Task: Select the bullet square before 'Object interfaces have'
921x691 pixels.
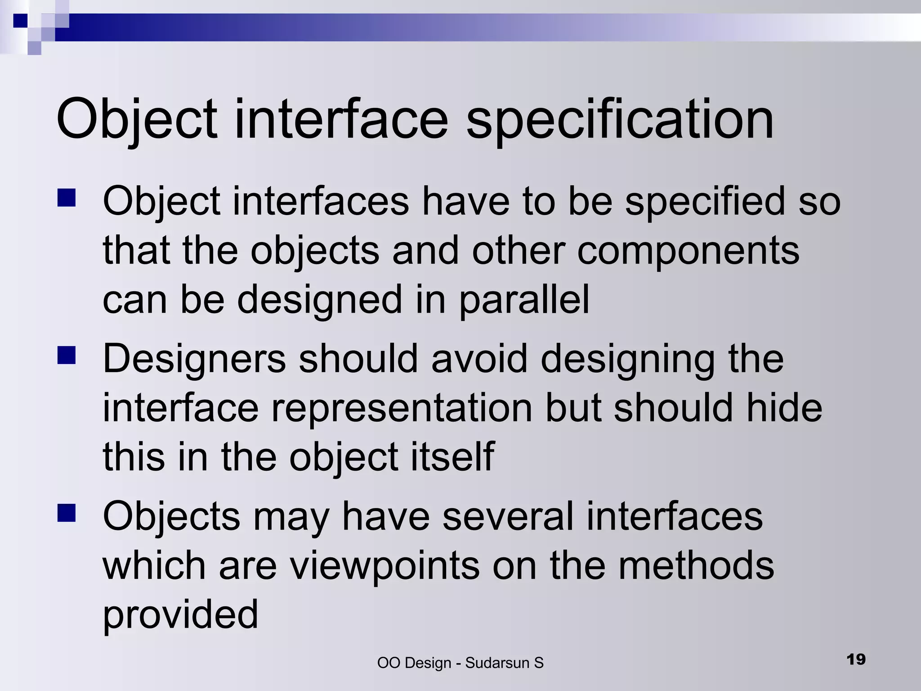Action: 67,197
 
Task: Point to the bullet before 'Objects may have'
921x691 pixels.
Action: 67,513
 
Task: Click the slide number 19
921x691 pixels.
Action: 856,660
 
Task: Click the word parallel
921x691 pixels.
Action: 524,300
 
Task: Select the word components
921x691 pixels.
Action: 688,251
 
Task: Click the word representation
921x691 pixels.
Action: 402,408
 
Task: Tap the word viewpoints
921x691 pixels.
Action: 384,566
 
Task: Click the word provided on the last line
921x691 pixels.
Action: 180,615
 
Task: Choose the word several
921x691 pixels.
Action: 508,516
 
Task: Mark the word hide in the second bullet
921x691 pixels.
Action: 784,408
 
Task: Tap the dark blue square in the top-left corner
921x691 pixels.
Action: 21,21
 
